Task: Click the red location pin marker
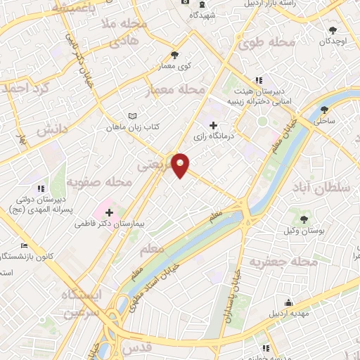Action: pos(181,165)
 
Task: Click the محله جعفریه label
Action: pos(324,262)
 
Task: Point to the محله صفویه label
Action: pos(99,183)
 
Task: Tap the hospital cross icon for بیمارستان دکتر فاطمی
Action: pos(109,212)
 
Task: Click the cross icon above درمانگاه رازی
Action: pos(213,125)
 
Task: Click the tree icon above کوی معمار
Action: pos(174,55)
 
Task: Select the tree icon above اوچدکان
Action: pos(333,30)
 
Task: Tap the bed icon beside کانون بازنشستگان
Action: pos(25,246)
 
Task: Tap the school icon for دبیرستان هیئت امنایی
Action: pos(259,80)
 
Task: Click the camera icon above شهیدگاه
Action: pos(185,2)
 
